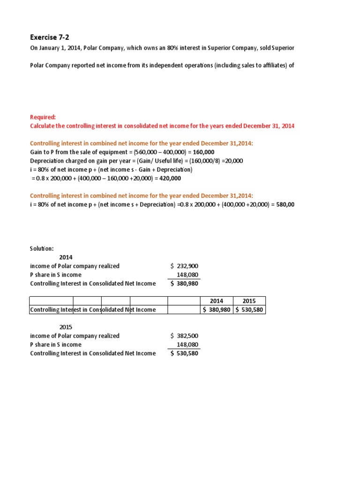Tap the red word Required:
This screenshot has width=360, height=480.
point(43,117)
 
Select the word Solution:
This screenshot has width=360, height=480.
point(42,248)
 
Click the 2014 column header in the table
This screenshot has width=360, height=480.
point(216,301)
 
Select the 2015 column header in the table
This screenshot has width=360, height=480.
point(249,301)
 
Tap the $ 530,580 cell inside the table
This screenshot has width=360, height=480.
point(249,309)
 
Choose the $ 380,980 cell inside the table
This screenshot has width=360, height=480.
point(216,309)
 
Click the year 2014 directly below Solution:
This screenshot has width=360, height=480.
point(66,257)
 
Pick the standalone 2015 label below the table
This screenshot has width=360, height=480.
point(66,327)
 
